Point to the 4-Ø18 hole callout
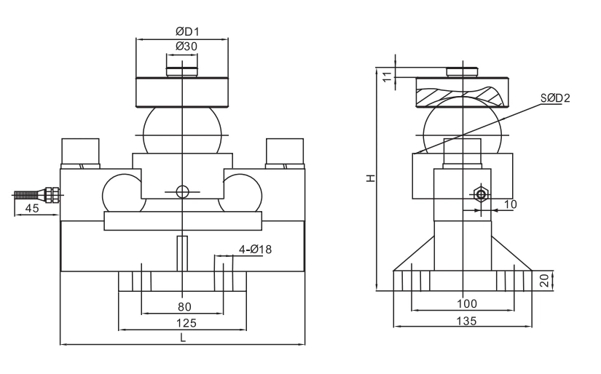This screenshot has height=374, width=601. [255, 250]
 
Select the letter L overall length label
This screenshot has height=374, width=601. [182, 338]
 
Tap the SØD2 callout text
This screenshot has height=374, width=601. [554, 98]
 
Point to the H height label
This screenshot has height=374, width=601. [371, 178]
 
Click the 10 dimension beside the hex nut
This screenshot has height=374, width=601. [510, 205]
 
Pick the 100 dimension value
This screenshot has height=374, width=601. [466, 303]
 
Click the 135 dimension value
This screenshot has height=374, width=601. [466, 320]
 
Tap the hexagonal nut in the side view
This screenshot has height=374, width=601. [480, 194]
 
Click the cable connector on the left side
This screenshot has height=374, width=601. [51, 194]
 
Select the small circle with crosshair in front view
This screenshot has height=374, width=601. [181, 191]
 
